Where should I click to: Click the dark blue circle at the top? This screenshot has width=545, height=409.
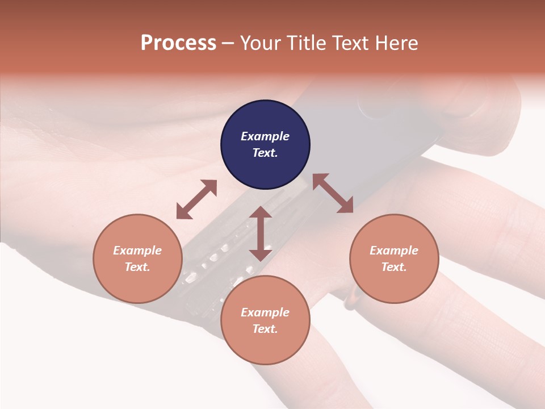tap(265, 145)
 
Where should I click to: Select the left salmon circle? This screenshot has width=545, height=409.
tap(137, 258)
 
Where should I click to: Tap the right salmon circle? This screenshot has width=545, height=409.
tap(394, 258)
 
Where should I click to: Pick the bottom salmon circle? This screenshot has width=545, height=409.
tap(265, 320)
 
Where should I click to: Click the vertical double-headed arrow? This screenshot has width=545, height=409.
tap(261, 233)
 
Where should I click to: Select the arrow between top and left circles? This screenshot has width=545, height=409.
tap(196, 199)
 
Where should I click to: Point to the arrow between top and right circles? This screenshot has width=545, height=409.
tap(333, 194)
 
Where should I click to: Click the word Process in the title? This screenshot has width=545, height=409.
tap(178, 43)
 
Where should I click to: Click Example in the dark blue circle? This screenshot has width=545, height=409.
tap(265, 136)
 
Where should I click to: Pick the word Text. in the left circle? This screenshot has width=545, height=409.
tap(137, 267)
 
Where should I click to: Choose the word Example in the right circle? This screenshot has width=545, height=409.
tap(394, 251)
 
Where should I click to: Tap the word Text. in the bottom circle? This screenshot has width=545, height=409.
tap(265, 329)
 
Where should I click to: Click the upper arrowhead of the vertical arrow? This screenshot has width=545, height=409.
tap(261, 213)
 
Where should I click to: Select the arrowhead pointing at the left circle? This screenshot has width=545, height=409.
tap(183, 212)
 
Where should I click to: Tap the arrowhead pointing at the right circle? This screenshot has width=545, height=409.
tap(346, 206)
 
